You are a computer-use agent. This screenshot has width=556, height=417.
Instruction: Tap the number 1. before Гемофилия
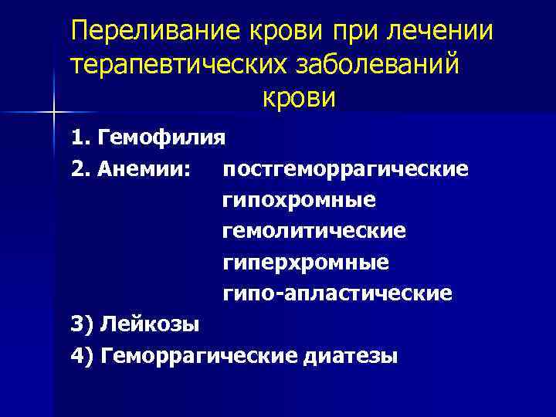point(80,137)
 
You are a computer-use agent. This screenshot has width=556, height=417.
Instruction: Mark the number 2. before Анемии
point(80,168)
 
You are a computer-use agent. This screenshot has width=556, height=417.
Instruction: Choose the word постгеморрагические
point(344,168)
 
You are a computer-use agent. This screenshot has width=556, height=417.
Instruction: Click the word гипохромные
point(299,200)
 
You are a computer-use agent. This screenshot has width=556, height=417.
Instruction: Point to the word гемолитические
point(314,231)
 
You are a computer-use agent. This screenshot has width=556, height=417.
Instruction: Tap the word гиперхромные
point(306,263)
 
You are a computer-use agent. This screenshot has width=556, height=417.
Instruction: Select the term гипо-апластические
point(337,293)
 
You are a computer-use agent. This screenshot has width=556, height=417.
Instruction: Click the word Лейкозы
point(149,324)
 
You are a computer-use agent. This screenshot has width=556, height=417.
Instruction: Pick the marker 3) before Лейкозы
point(82,324)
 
